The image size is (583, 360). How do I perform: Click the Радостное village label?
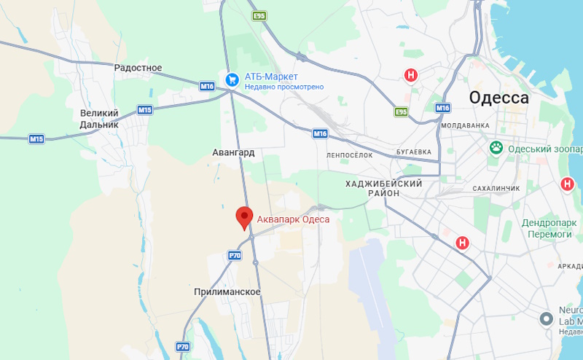[x=138, y=68]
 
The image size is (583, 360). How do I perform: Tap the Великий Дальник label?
[x=98, y=119]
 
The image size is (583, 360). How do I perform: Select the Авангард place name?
[x=233, y=153]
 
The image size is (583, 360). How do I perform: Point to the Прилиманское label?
[x=227, y=291]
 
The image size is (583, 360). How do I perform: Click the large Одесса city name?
[x=499, y=98]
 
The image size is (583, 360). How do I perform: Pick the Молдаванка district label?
[x=465, y=125]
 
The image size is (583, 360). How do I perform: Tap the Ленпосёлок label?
[x=350, y=155]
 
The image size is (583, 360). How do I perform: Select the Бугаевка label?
[x=413, y=152]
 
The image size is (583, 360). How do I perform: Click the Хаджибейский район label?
[x=384, y=188]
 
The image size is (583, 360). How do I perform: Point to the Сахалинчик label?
[x=496, y=188]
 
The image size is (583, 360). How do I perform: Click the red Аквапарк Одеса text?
[x=294, y=219]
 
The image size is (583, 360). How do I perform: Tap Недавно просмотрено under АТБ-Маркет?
[x=283, y=87]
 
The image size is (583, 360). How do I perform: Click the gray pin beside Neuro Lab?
[x=546, y=318]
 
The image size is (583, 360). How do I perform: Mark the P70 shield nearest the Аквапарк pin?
[x=235, y=255]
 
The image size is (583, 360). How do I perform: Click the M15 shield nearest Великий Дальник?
[x=144, y=110]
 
